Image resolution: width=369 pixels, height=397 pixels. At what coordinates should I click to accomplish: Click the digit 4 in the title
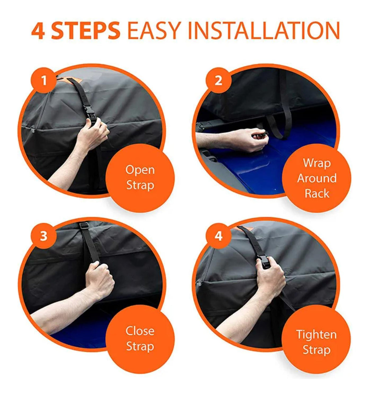[38, 31]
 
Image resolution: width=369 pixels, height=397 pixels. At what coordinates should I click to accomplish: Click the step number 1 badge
[43, 81]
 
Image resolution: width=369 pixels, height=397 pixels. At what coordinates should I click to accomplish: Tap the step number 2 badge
[218, 81]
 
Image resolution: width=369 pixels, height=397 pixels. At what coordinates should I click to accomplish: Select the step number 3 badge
[43, 236]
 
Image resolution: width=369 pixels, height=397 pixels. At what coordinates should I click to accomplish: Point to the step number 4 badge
[218, 236]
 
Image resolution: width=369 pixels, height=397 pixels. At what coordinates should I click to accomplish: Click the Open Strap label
[140, 177]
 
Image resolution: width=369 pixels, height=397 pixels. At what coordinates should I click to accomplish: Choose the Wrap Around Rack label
[317, 178]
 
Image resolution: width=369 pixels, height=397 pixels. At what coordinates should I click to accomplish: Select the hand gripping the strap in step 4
[270, 279]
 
